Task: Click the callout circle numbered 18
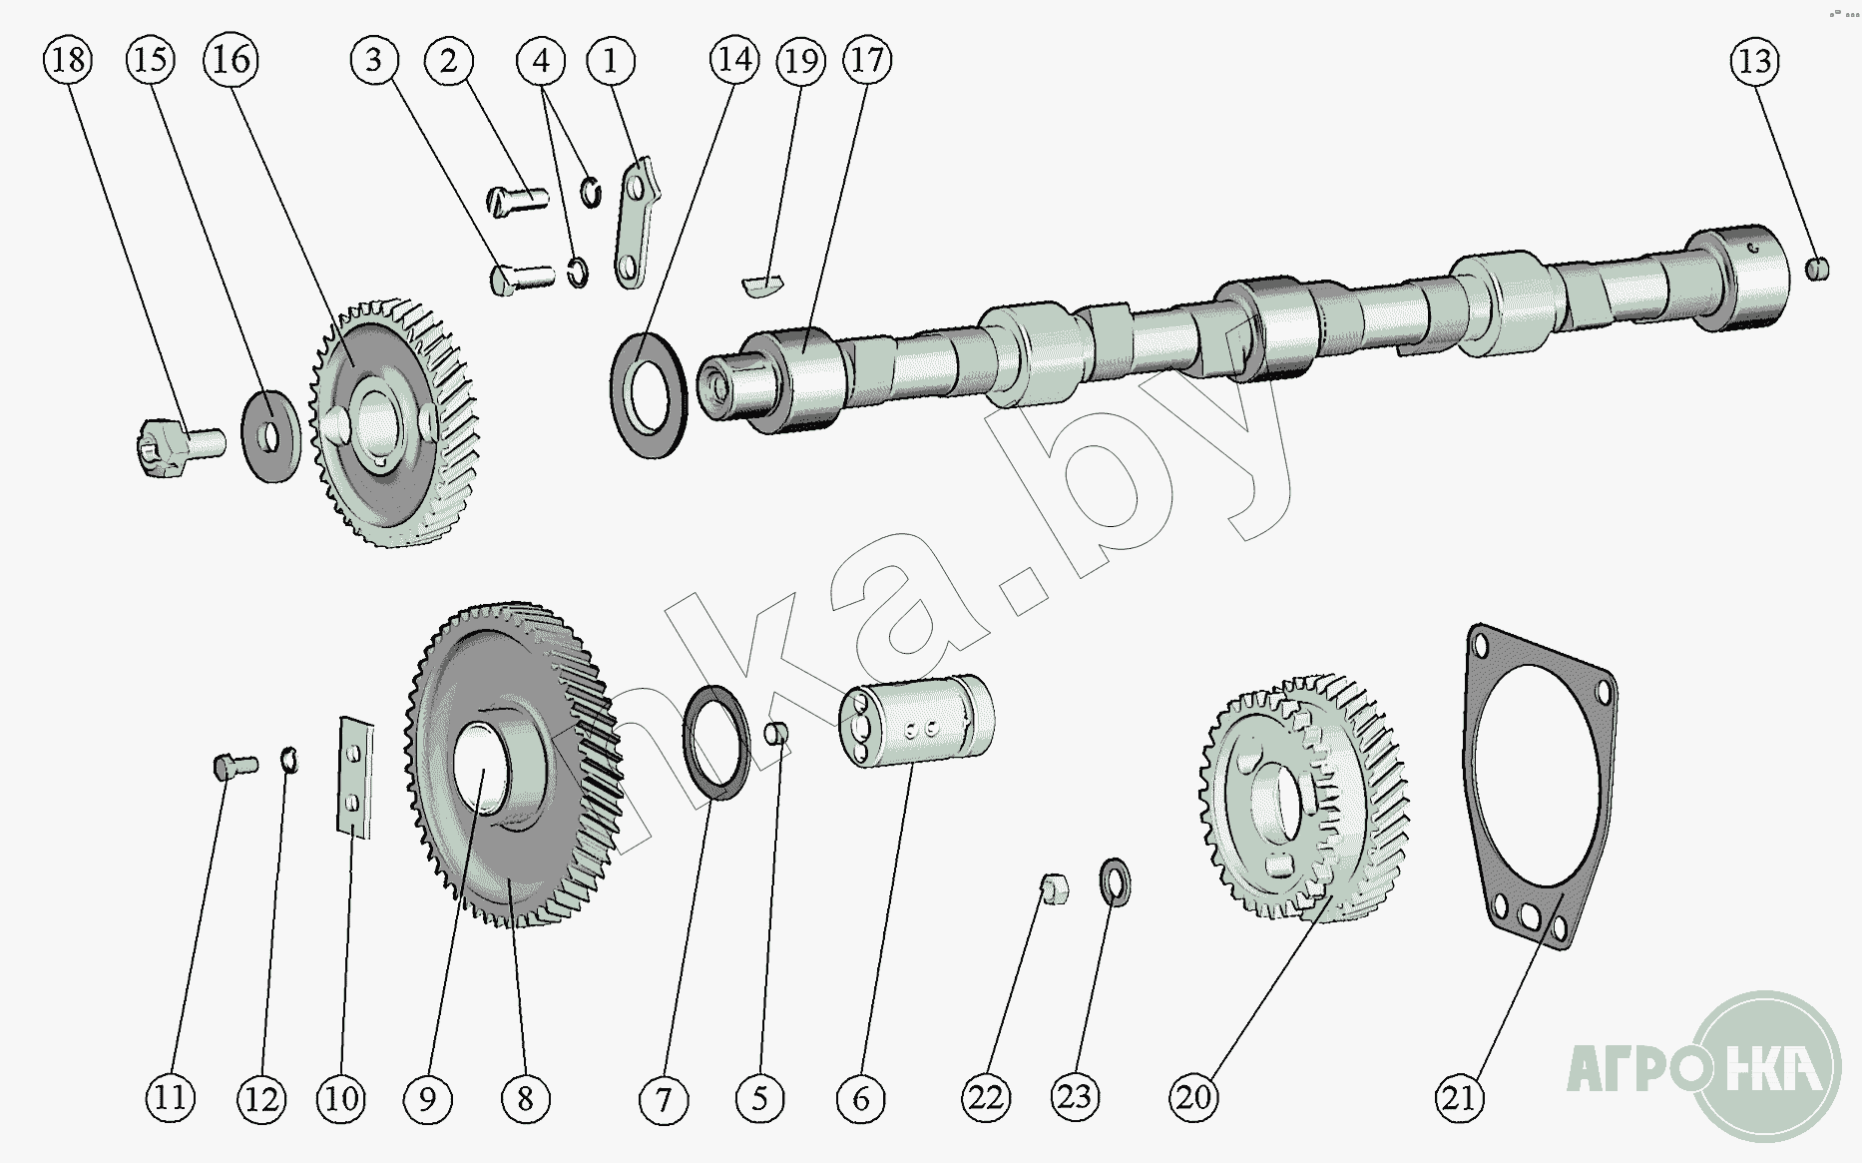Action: [68, 60]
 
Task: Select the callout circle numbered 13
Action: [1754, 62]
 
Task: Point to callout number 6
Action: [860, 1099]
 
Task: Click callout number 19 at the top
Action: [801, 61]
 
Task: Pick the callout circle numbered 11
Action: [171, 1098]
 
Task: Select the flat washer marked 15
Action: [271, 437]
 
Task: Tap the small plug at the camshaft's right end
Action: [1818, 269]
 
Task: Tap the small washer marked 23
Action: [1115, 882]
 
